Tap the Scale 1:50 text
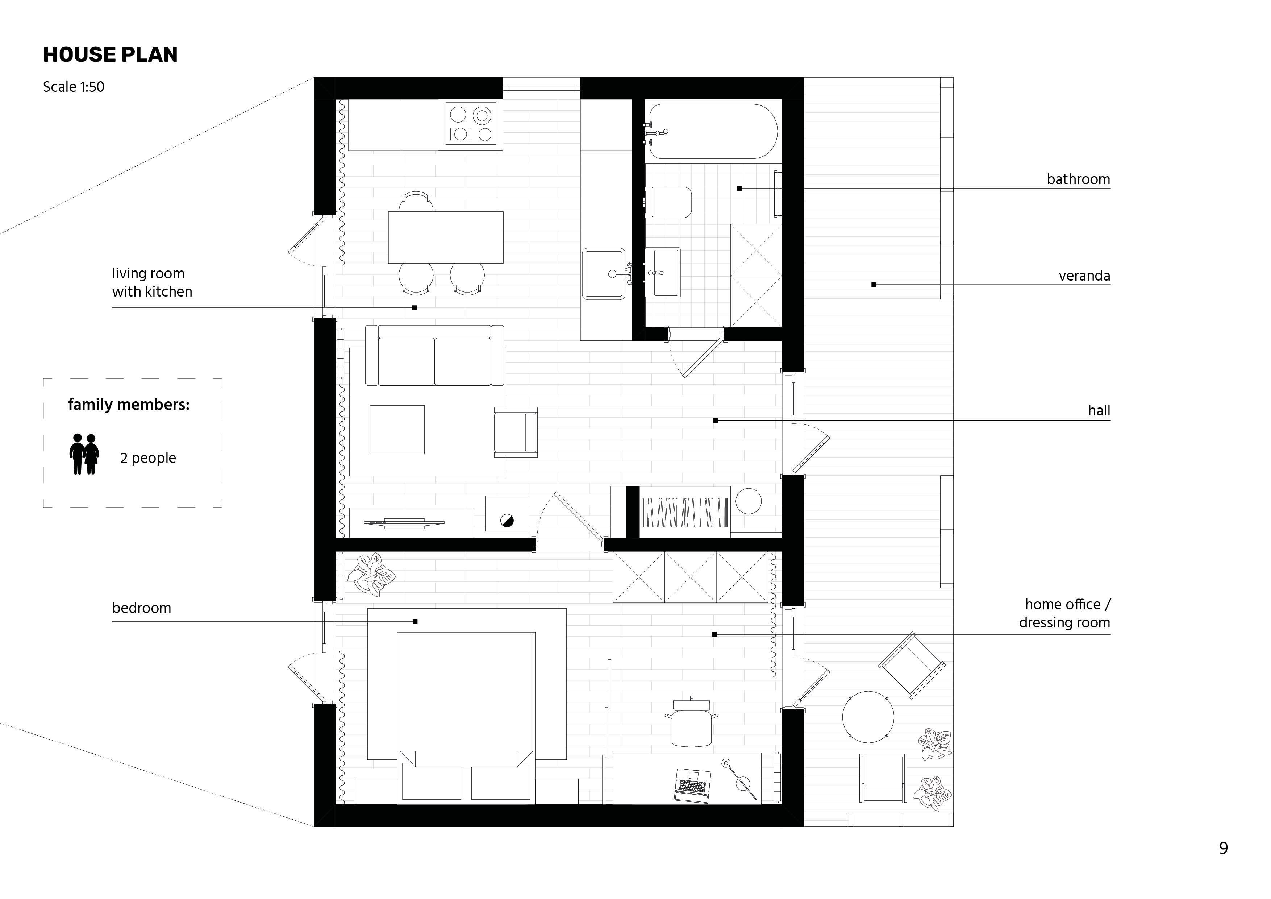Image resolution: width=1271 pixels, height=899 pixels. [74, 87]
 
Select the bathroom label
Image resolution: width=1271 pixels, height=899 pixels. [1078, 179]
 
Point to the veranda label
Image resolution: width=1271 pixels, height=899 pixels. [1084, 276]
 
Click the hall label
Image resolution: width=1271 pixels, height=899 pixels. [1099, 410]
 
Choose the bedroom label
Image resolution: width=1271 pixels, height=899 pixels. [141, 608]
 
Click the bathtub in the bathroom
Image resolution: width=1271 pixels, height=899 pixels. [713, 132]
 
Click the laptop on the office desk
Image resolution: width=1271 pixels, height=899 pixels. [692, 785]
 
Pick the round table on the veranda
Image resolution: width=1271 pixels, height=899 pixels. [868, 717]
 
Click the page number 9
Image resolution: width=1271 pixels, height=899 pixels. [1224, 848]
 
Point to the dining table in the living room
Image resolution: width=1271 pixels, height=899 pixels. [446, 237]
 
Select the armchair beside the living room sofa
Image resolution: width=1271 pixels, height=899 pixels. [515, 432]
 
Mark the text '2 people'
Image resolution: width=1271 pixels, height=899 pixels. [148, 458]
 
